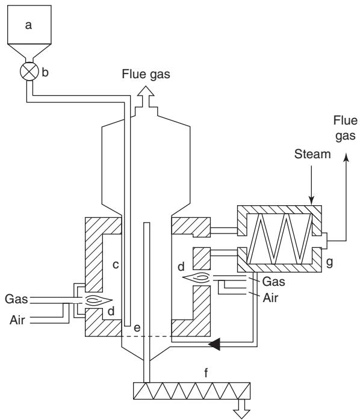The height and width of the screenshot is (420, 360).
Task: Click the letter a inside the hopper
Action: (x=28, y=25)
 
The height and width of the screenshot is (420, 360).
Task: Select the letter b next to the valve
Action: (x=45, y=72)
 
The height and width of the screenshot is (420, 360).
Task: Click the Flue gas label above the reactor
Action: (x=146, y=74)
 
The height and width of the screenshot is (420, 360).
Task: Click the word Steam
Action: (x=312, y=154)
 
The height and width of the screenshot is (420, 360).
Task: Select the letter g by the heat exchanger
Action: (x=329, y=262)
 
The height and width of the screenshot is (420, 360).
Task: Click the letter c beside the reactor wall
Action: (x=116, y=265)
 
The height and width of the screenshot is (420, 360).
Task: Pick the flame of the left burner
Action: (x=98, y=300)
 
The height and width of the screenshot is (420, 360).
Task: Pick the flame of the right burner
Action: (x=197, y=277)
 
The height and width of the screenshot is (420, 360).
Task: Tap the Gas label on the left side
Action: (x=16, y=298)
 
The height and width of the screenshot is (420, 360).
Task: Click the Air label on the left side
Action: (x=17, y=320)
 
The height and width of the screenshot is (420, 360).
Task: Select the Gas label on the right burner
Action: (x=274, y=281)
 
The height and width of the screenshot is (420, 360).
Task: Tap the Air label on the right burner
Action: (x=270, y=298)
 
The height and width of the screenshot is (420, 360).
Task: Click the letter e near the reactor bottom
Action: (x=137, y=328)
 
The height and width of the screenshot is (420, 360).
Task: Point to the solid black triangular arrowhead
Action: (x=215, y=344)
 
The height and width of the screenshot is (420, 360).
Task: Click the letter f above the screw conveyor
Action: (x=206, y=372)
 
